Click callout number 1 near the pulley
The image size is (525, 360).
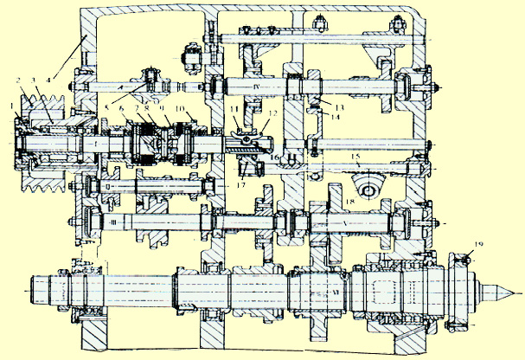point(10,108)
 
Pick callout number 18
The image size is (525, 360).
point(349,200)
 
